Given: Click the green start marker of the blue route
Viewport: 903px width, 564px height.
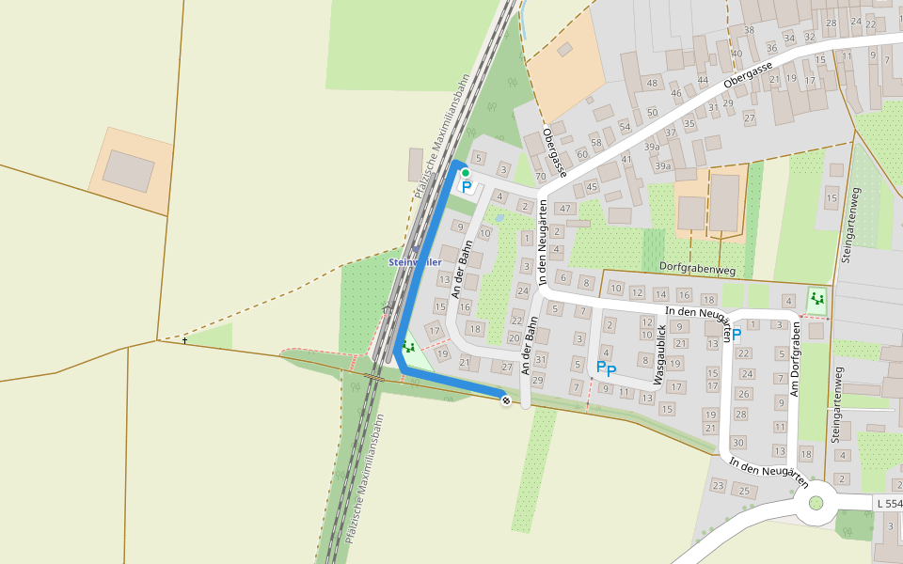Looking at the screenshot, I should point(465,173).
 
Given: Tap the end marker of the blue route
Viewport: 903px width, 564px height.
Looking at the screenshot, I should point(506,400).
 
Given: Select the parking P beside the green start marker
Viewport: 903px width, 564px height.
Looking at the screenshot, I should point(466,187).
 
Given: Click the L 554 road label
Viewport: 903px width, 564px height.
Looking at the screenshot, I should point(889,504).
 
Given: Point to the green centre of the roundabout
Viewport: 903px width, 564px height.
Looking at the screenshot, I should point(816,503).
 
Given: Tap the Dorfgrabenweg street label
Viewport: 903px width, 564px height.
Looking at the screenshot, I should point(697,269).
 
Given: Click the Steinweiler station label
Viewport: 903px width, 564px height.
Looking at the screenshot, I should point(415,262).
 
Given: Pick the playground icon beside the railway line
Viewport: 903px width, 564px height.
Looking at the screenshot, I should point(408,347).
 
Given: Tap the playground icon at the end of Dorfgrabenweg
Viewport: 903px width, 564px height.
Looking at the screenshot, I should point(816,300).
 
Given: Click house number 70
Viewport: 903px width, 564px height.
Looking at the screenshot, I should point(540,177).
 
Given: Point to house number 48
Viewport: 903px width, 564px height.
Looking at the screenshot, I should point(653,84).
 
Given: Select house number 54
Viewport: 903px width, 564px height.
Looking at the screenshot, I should point(625,127).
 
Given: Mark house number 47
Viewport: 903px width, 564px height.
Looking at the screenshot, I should point(564,208).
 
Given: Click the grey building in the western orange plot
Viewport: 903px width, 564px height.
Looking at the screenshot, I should point(129,169).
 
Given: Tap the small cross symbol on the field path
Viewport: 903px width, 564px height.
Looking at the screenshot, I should point(185,339).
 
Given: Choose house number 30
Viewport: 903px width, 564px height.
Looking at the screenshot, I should point(738,442).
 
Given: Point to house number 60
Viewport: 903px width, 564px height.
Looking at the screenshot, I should point(582,153).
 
